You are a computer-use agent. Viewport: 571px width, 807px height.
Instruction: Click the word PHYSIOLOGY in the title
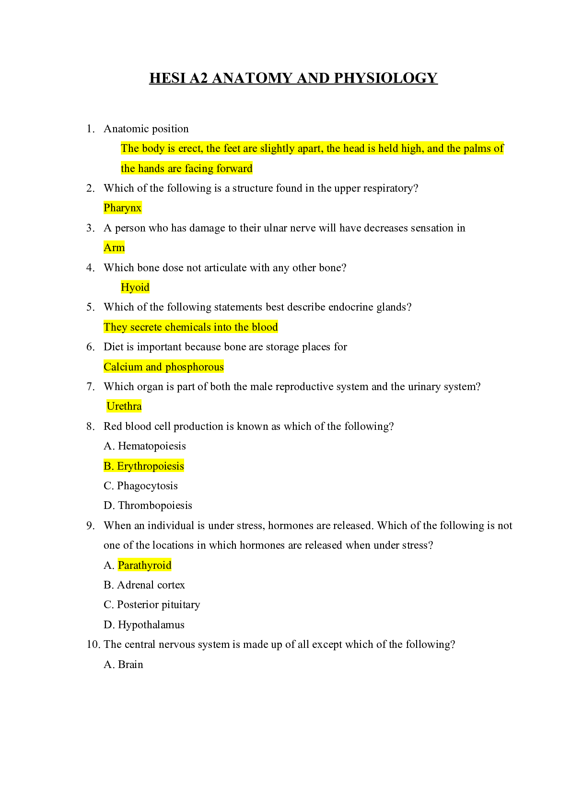click(386, 78)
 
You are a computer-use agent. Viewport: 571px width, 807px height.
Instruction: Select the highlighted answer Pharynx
click(123, 208)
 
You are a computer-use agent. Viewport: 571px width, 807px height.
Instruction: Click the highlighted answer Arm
click(114, 247)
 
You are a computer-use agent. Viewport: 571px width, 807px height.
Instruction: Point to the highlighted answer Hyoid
click(135, 287)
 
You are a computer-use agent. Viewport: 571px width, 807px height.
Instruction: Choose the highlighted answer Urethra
click(124, 406)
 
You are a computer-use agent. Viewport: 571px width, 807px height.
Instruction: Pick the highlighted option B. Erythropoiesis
click(144, 466)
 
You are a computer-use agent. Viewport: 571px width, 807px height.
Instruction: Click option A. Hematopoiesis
click(145, 446)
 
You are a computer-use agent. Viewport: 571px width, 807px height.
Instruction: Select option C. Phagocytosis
click(140, 485)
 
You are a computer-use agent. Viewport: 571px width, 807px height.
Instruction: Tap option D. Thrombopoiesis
click(148, 506)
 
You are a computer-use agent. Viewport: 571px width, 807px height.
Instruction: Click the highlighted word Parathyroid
click(145, 565)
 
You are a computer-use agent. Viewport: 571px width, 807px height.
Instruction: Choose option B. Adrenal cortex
click(144, 585)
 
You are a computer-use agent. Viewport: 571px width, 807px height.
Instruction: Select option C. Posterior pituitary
click(152, 604)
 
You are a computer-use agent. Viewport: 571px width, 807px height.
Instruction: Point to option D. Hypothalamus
click(144, 624)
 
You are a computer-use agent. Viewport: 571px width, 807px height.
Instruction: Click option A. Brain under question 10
click(123, 664)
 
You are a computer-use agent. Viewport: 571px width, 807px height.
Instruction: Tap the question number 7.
click(90, 387)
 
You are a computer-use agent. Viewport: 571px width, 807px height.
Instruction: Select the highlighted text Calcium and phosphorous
click(163, 367)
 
